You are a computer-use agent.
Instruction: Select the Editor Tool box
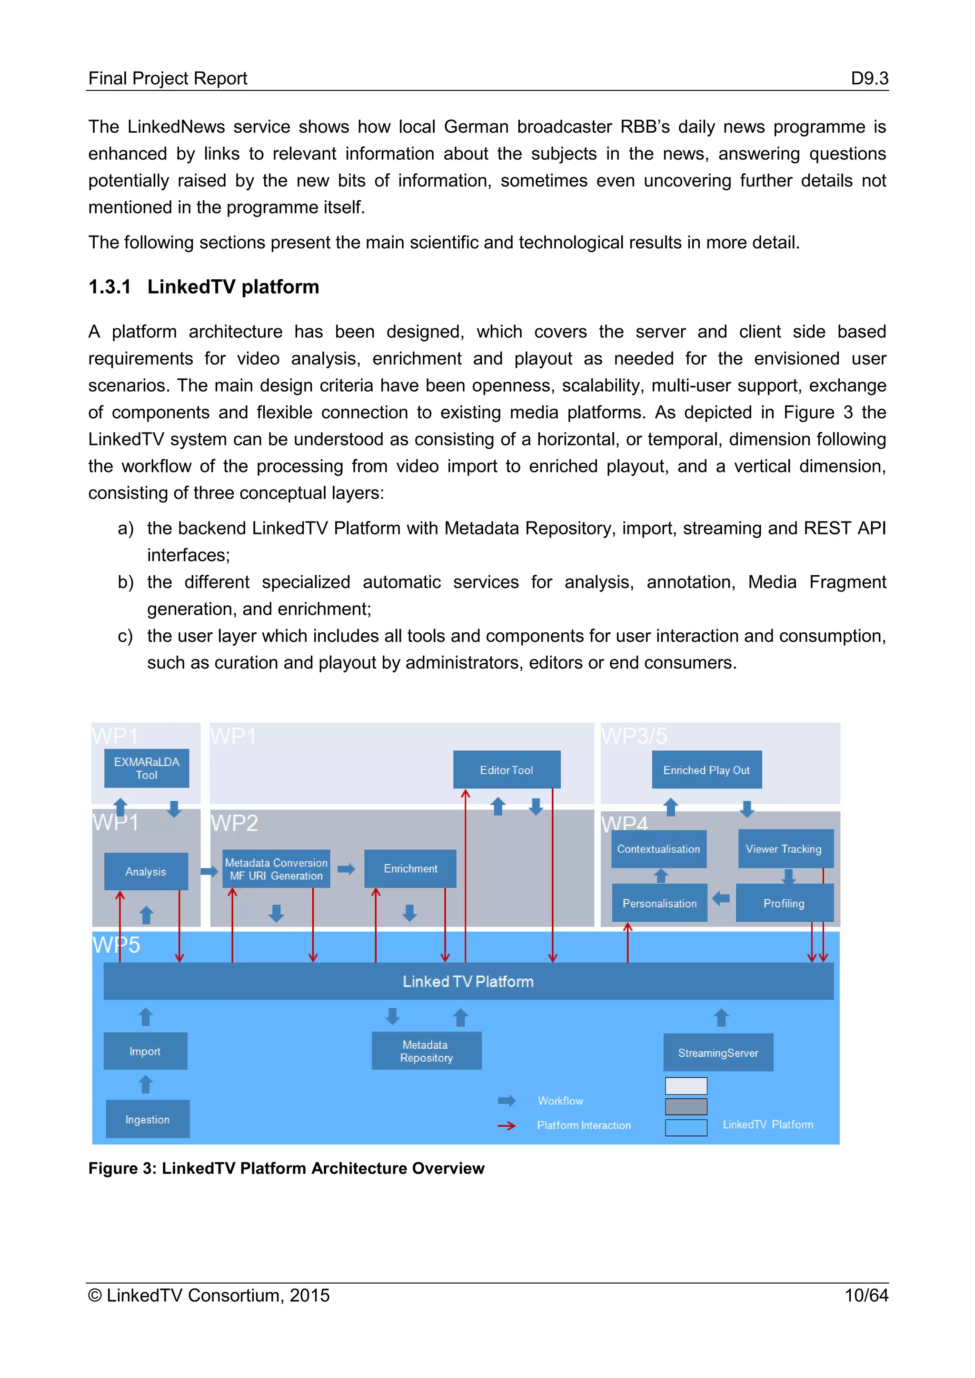(x=506, y=769)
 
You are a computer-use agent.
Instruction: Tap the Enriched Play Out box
(x=706, y=769)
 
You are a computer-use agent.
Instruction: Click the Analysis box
(x=146, y=871)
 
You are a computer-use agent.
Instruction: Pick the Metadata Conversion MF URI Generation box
(x=276, y=868)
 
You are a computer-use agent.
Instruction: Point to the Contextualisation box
(x=658, y=849)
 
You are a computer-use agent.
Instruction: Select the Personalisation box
(x=659, y=903)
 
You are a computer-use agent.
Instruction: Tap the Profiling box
(x=784, y=903)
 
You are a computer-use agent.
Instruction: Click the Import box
(x=145, y=1051)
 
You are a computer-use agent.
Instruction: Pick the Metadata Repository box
(x=426, y=1051)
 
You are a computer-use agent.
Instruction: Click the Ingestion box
(x=148, y=1119)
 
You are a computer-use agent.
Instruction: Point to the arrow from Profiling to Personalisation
(x=721, y=898)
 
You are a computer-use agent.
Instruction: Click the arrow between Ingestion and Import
(x=146, y=1084)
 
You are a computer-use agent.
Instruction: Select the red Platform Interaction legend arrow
(x=507, y=1125)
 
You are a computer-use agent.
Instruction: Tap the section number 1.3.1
(x=109, y=287)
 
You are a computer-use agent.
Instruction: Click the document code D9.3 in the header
(x=869, y=78)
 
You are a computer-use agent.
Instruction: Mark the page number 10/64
(x=866, y=1295)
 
